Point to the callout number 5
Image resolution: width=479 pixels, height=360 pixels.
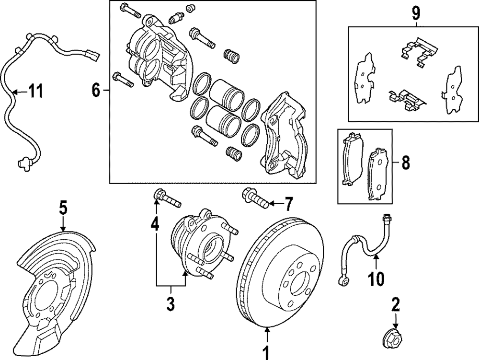[x=63, y=208]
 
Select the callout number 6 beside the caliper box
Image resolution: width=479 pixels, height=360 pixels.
[x=96, y=90]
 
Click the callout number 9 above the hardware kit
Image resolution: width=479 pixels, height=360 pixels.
[x=416, y=11]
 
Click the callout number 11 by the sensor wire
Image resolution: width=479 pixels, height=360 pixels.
[x=34, y=90]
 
